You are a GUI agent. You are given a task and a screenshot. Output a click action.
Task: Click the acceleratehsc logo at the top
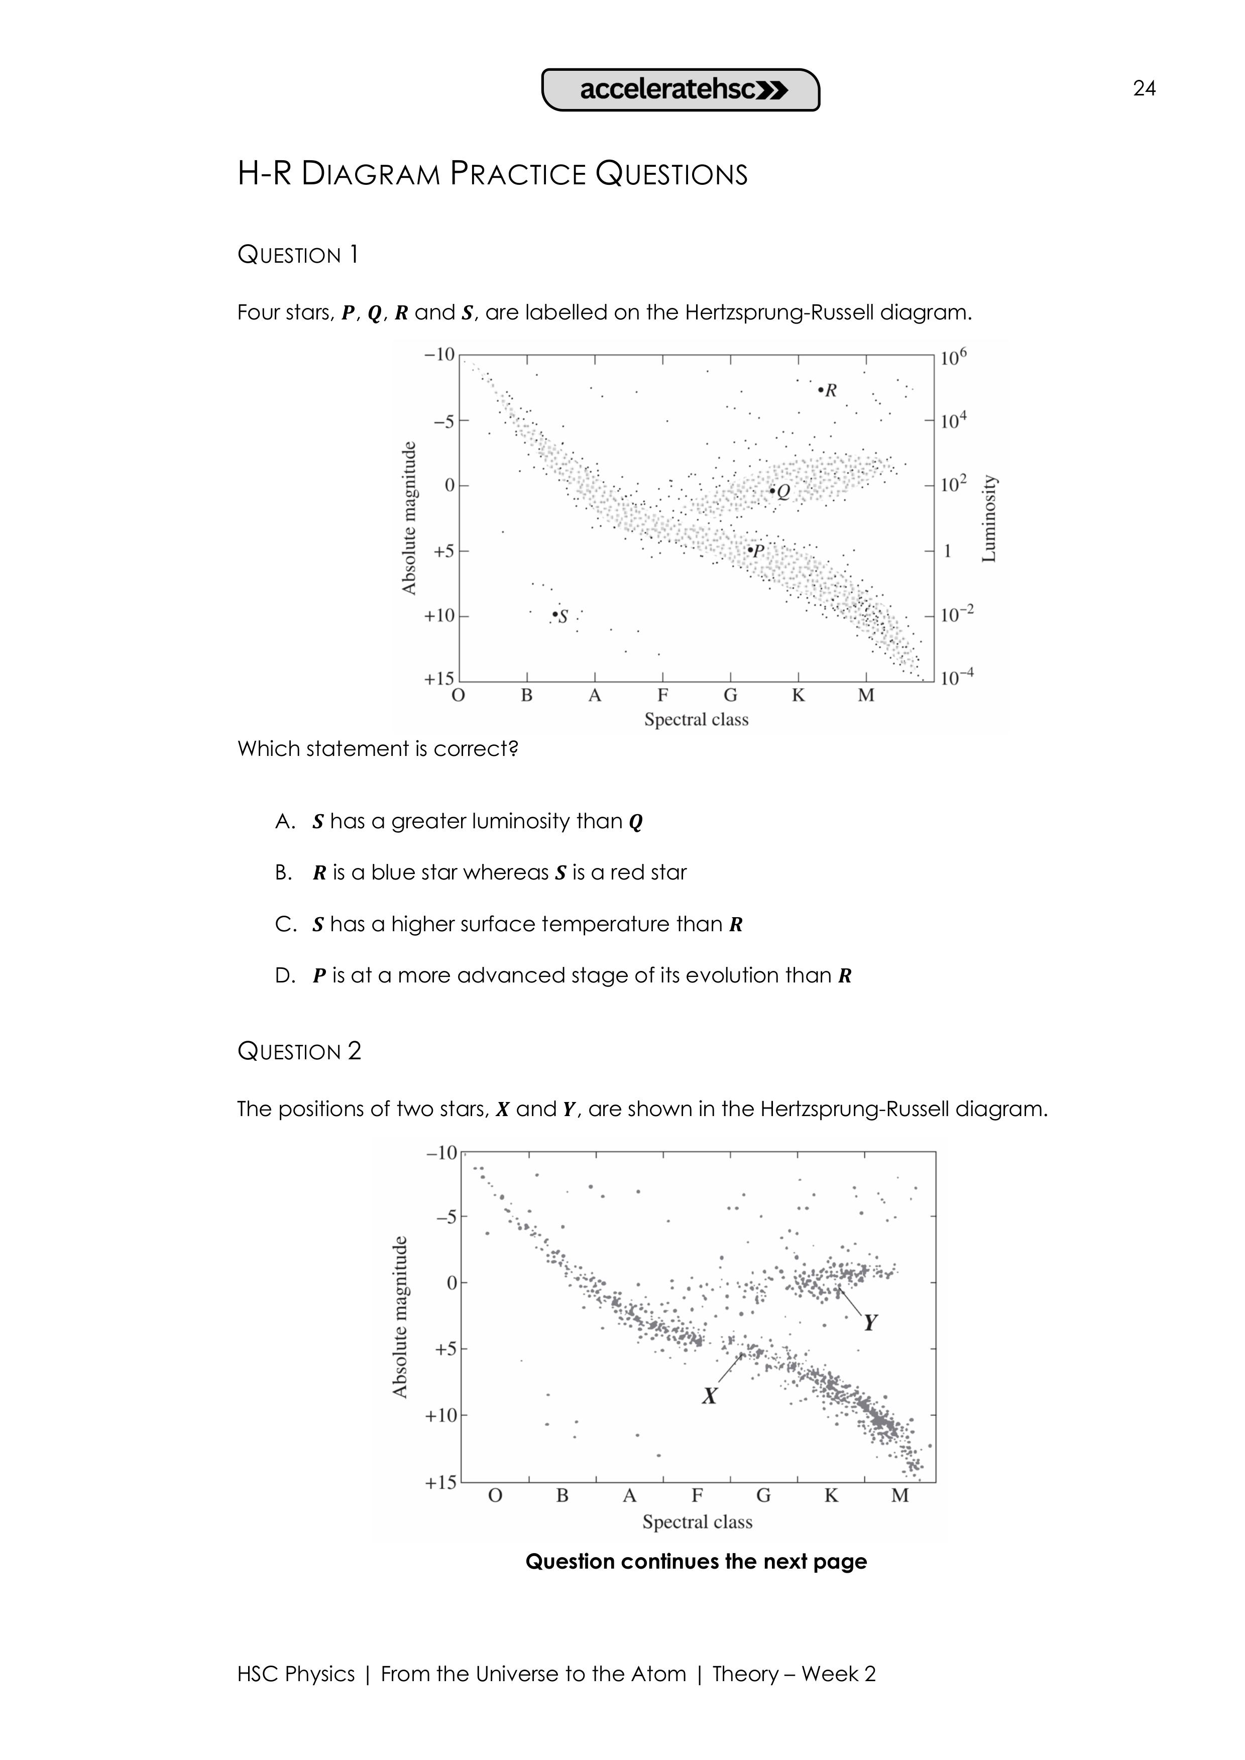[x=681, y=90]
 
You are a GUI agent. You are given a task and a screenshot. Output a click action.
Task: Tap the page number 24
[x=1144, y=89]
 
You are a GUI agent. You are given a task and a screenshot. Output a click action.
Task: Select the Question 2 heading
[x=299, y=1051]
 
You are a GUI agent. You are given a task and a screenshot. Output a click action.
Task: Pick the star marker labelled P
[x=750, y=549]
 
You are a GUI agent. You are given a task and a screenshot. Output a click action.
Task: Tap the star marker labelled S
[x=555, y=615]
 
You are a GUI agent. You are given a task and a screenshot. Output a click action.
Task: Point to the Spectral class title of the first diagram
[x=696, y=720]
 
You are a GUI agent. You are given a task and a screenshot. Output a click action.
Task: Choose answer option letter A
[x=284, y=822]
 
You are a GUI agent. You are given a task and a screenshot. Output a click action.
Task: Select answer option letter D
[x=284, y=976]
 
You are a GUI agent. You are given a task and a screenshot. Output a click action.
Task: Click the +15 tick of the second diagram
[x=440, y=1483]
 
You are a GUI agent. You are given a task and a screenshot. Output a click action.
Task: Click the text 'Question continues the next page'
[x=696, y=1562]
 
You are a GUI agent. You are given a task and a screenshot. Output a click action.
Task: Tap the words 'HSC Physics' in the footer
[x=296, y=1674]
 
